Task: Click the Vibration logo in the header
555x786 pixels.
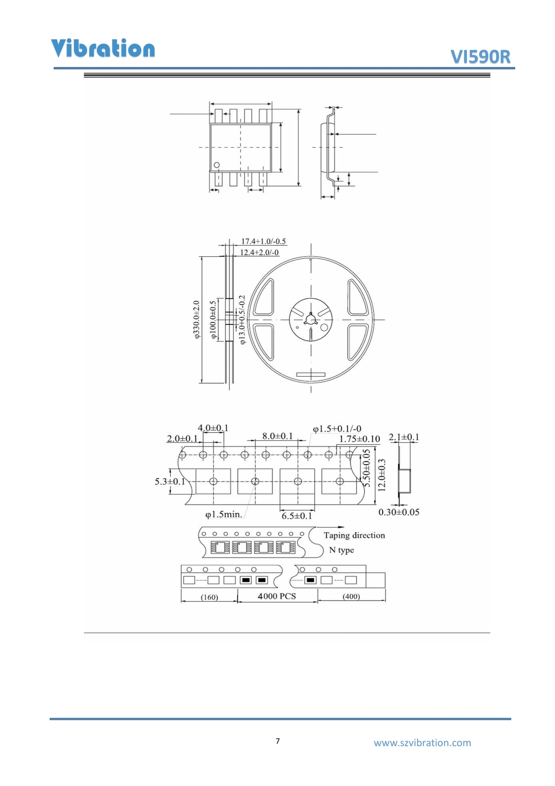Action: (x=103, y=48)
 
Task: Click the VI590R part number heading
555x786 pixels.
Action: (x=480, y=57)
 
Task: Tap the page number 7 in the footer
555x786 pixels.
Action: (x=277, y=741)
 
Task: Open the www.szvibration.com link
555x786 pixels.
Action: (x=422, y=743)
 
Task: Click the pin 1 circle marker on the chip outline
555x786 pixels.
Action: (x=217, y=165)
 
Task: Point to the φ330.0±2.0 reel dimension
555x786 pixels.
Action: (x=197, y=319)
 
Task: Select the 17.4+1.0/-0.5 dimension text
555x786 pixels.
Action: (x=263, y=242)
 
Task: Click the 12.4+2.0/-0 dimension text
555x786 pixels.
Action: (x=259, y=252)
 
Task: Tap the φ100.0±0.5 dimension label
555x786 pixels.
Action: (x=214, y=320)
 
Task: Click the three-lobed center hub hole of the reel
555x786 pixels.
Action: (x=310, y=319)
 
